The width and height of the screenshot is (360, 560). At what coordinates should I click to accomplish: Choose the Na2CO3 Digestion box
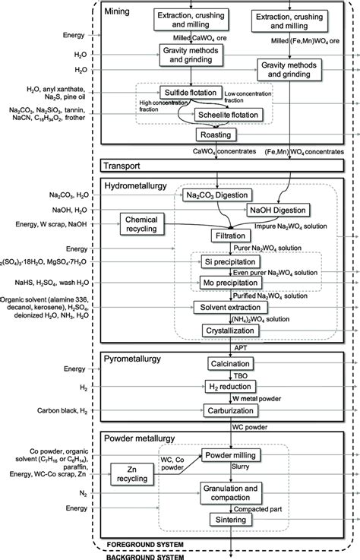click(x=217, y=195)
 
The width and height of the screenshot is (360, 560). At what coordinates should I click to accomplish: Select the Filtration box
click(x=218, y=236)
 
